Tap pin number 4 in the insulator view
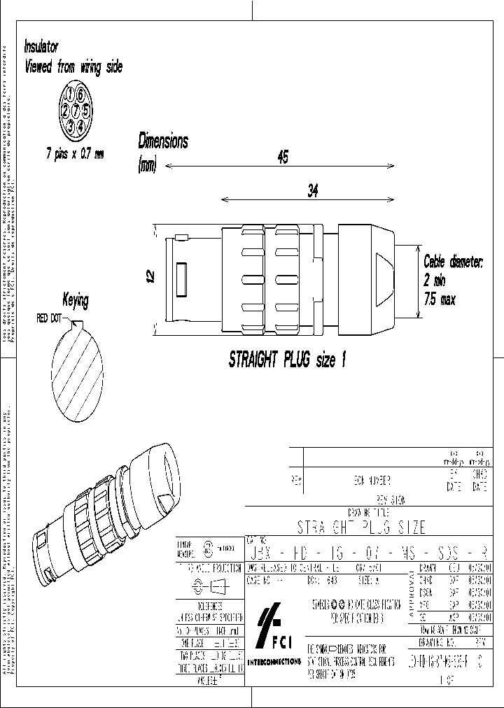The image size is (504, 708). (81, 127)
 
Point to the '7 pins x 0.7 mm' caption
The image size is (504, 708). (75, 153)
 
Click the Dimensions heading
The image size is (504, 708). (163, 141)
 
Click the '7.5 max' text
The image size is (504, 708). (440, 299)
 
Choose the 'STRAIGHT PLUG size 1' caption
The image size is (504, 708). (288, 361)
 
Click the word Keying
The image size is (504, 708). (76, 301)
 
